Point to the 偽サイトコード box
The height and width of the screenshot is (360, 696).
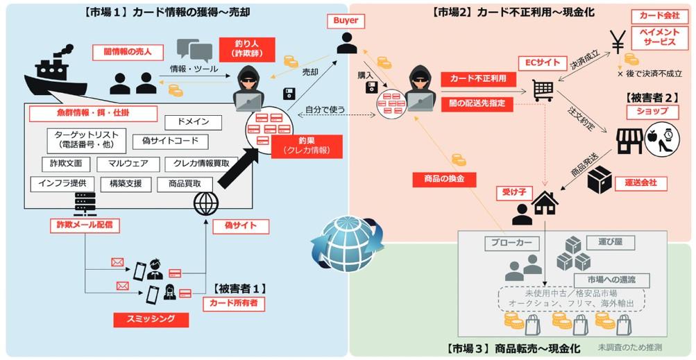coord(171,142)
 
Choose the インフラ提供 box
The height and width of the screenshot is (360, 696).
coord(62,183)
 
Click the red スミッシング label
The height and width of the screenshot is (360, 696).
coord(151,320)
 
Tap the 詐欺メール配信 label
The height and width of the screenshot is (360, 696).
coord(85,225)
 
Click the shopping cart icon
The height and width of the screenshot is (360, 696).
coord(543,91)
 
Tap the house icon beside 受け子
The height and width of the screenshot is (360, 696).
coord(544,203)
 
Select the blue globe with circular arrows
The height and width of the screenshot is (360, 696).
coord(348,243)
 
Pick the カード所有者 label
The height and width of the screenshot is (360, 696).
coord(234,304)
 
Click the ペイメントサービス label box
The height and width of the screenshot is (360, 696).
coord(659,37)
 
